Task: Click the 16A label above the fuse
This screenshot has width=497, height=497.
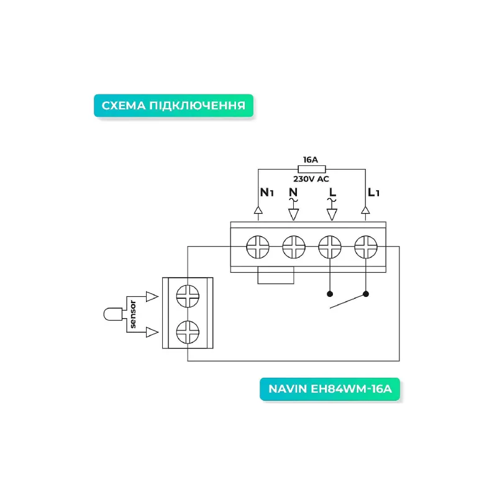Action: tap(310, 160)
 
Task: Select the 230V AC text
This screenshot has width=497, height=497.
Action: tap(311, 179)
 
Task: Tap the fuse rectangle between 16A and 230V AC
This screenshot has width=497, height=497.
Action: tap(312, 169)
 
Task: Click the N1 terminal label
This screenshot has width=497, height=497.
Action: tap(267, 193)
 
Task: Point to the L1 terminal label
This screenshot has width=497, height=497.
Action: tap(373, 193)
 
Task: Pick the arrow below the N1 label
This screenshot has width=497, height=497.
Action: tap(258, 213)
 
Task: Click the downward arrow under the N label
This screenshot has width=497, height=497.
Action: tap(293, 214)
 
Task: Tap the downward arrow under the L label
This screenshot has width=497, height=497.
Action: tap(332, 214)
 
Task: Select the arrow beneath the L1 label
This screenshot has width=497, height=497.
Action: tap(365, 213)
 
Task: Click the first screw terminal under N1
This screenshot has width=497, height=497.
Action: tap(258, 247)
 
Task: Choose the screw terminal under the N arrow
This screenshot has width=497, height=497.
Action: tap(293, 247)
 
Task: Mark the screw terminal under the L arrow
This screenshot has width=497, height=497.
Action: tap(330, 247)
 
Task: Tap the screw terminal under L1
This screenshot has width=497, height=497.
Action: tap(366, 247)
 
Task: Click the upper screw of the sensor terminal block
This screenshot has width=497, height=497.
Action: tap(188, 296)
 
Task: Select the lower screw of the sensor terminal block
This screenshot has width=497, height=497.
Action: tap(188, 332)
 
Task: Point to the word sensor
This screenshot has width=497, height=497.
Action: tap(133, 314)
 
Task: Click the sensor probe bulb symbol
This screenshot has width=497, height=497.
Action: tap(113, 314)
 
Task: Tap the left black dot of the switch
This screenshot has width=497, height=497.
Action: tap(330, 294)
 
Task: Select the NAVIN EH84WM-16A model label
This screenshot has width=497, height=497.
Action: tap(330, 389)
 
